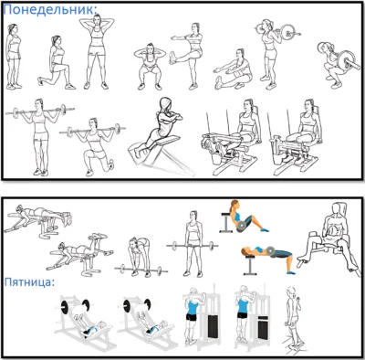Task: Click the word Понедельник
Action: (x=49, y=9)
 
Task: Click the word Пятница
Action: (x=28, y=282)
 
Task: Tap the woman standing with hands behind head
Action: (x=97, y=52)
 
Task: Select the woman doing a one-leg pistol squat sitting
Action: (x=234, y=69)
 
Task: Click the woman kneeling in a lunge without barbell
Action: (x=57, y=63)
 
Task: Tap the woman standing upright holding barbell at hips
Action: (x=193, y=244)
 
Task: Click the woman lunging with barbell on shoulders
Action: (x=94, y=146)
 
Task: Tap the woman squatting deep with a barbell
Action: (x=335, y=64)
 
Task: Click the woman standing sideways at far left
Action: (x=14, y=57)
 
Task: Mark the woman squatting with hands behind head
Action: (x=150, y=67)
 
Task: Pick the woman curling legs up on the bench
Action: (x=79, y=254)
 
